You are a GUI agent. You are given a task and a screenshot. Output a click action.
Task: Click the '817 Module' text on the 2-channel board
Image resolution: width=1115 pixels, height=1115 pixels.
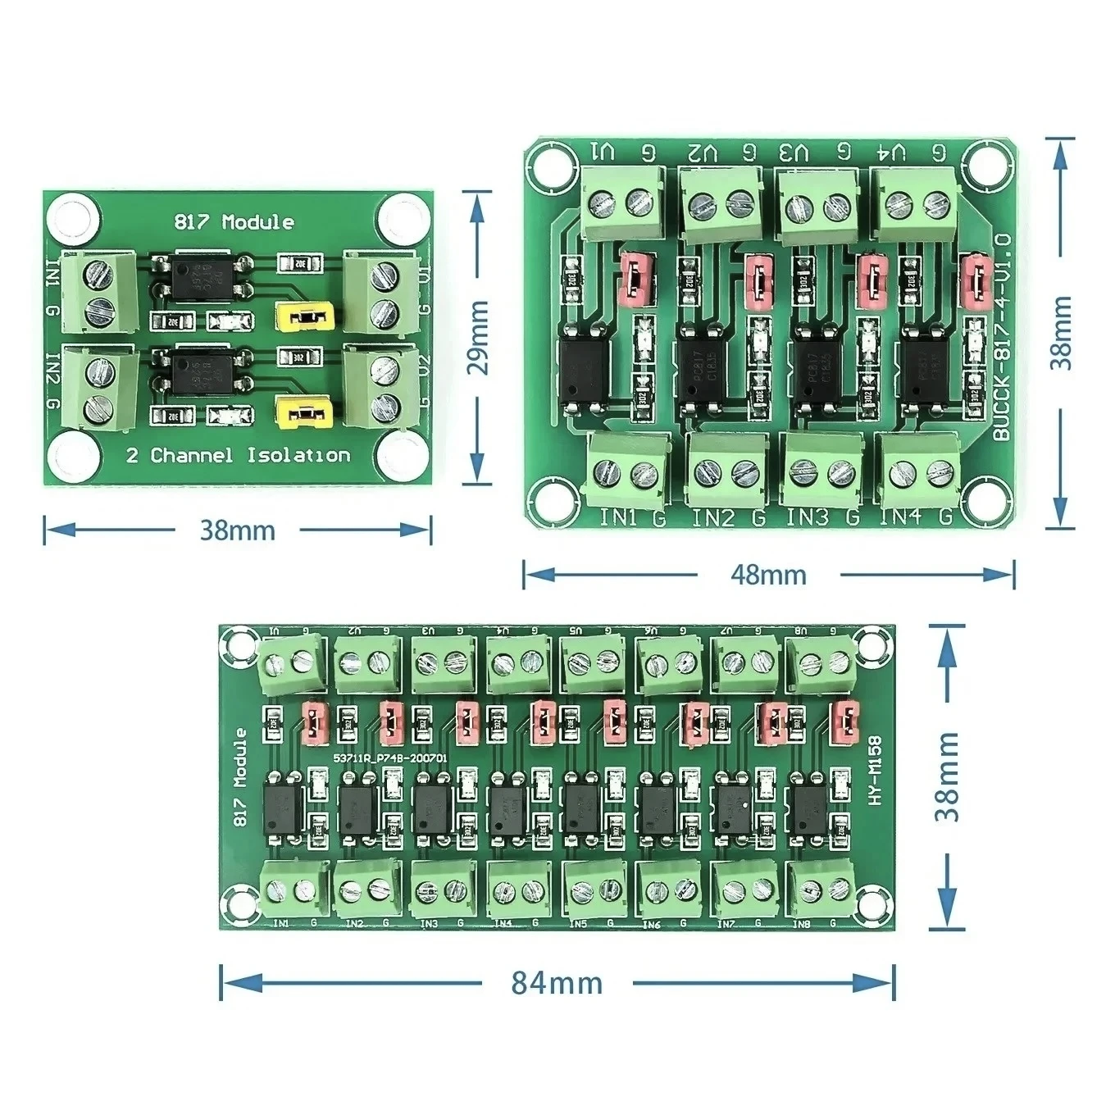click(x=234, y=222)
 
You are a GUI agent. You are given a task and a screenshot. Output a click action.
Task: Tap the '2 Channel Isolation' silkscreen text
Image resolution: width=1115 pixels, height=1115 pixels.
click(x=238, y=456)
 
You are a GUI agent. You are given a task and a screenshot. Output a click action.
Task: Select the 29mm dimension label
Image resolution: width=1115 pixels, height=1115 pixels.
click(x=478, y=337)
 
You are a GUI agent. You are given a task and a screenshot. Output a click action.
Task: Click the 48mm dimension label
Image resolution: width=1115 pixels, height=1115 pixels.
click(x=768, y=574)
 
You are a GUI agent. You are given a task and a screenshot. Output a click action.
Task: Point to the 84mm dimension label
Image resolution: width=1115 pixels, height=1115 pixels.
click(x=557, y=982)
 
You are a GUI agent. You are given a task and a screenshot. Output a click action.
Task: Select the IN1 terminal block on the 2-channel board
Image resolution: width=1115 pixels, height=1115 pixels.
click(x=98, y=292)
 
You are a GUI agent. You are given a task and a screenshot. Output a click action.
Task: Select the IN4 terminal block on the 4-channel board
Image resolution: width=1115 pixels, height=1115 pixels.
click(x=918, y=471)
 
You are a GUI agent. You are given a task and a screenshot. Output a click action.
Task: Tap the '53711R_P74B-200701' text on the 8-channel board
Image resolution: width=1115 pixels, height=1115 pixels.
click(x=389, y=759)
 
